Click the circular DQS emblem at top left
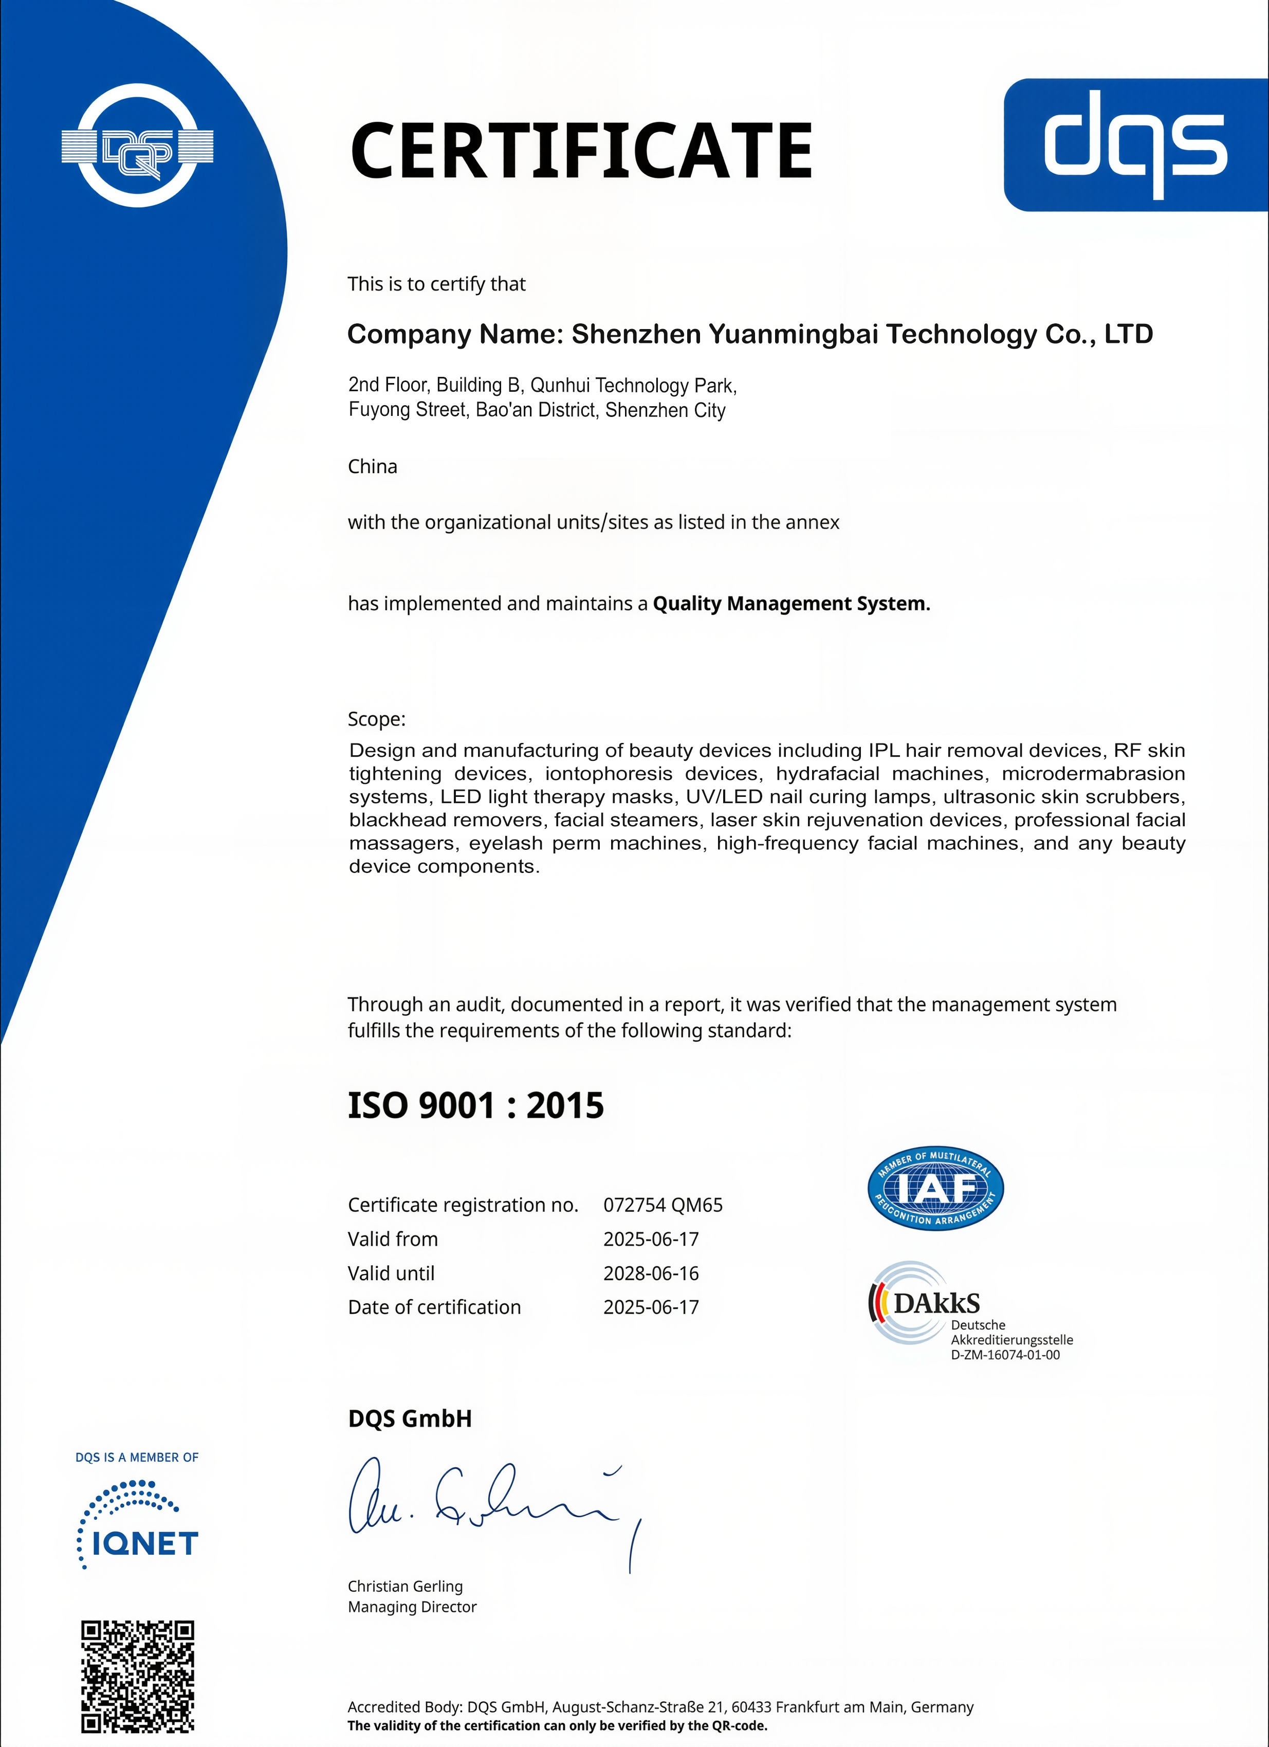pyautogui.click(x=137, y=145)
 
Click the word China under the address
pyautogui.click(x=372, y=467)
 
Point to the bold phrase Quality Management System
pyautogui.click(x=791, y=604)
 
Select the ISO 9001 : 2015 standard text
pyautogui.click(x=475, y=1106)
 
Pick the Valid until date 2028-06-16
pyautogui.click(x=651, y=1273)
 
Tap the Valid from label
pyautogui.click(x=392, y=1240)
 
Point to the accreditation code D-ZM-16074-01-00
pyautogui.click(x=1005, y=1355)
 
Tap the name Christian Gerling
pyautogui.click(x=405, y=1586)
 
